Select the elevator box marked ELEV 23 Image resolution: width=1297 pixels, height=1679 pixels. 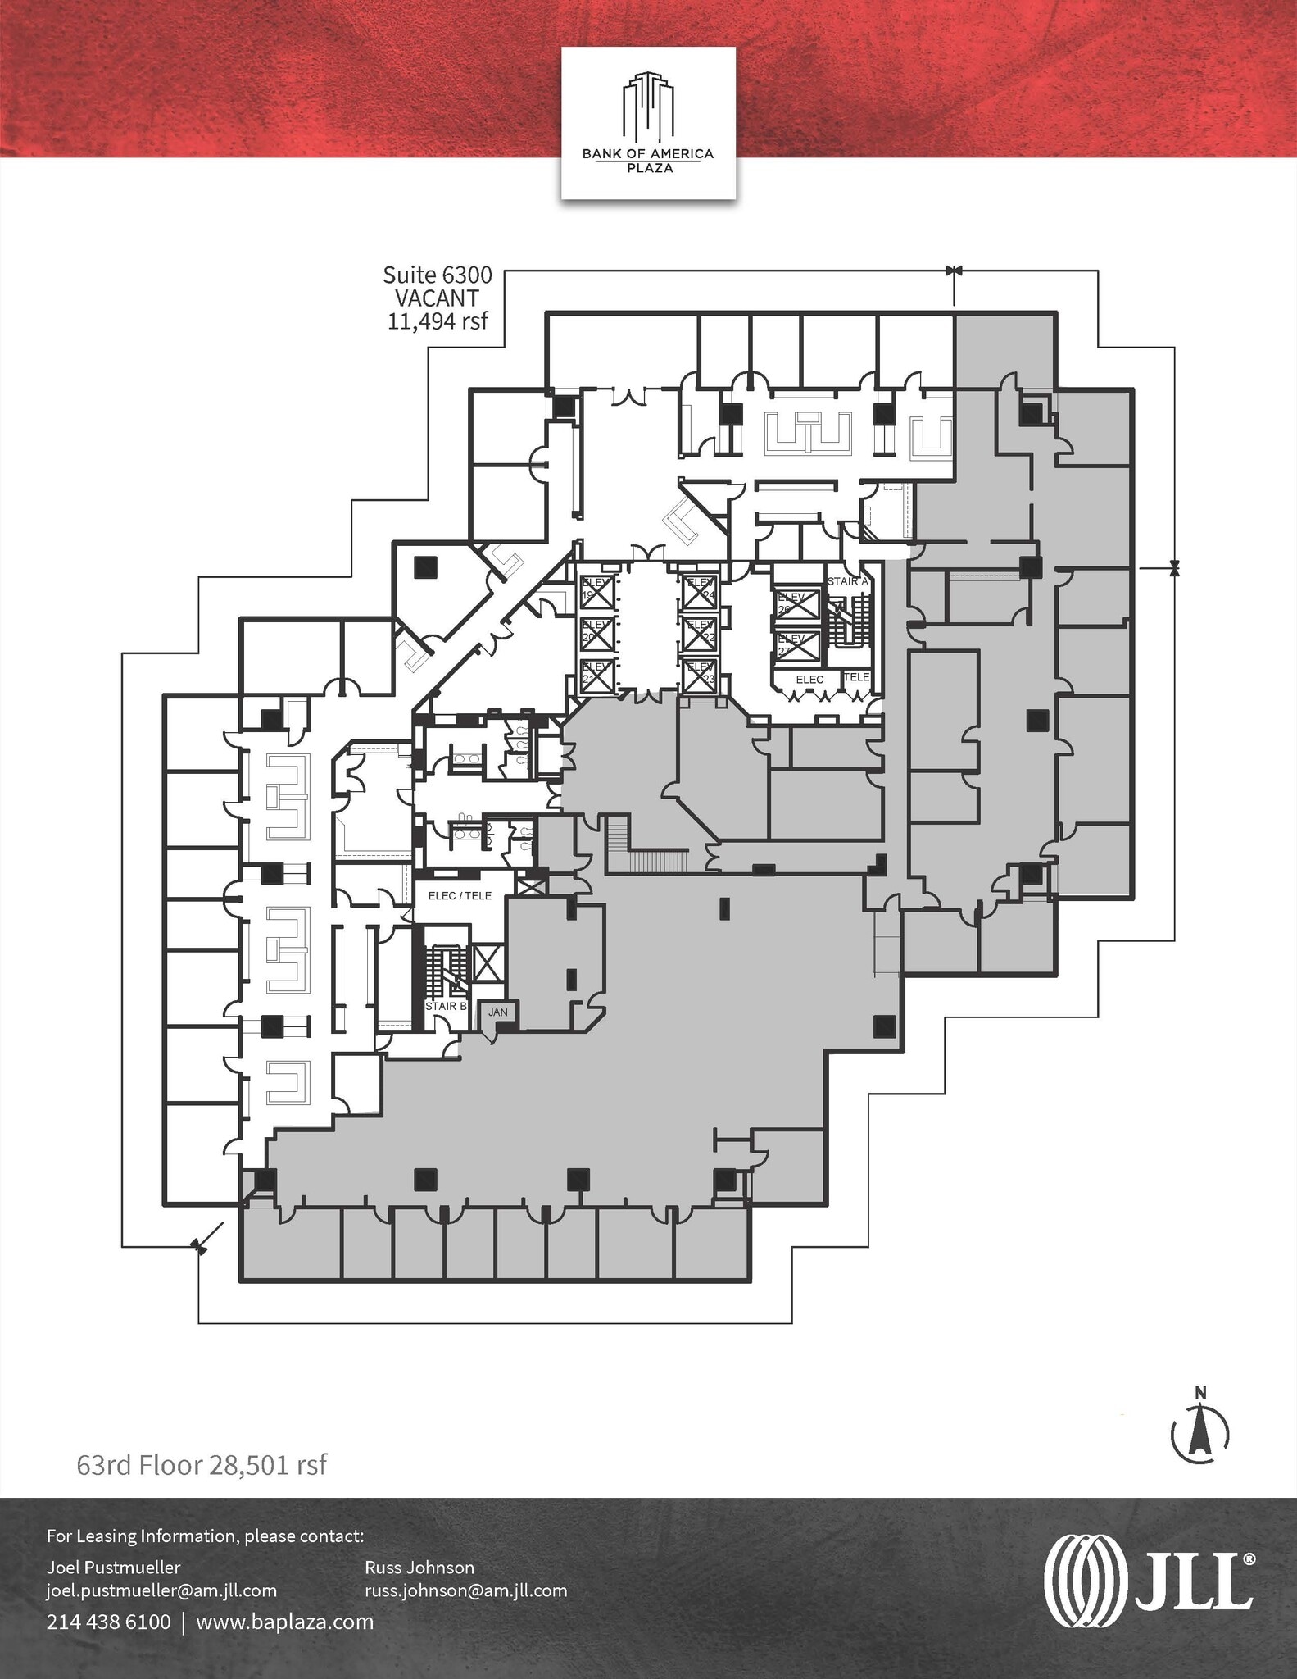[700, 676]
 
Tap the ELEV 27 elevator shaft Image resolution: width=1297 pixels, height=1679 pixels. [798, 646]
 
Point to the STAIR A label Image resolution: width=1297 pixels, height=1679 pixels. [847, 581]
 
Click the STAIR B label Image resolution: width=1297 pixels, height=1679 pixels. [446, 1006]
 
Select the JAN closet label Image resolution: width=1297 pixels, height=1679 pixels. [498, 1012]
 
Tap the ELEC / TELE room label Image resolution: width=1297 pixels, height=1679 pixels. [460, 896]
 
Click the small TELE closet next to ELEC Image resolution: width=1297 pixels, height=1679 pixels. [856, 677]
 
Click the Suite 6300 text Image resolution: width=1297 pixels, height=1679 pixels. [438, 275]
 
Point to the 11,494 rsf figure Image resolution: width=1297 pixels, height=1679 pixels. [438, 321]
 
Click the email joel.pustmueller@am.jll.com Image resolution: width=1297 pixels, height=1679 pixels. [161, 1590]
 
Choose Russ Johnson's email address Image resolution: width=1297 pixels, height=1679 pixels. [465, 1590]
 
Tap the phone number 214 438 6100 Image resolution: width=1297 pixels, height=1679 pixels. [108, 1622]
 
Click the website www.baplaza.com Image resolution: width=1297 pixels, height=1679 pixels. [284, 1622]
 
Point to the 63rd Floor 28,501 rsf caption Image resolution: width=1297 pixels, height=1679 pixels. [202, 1465]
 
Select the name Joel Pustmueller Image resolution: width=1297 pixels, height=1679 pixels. [113, 1568]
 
